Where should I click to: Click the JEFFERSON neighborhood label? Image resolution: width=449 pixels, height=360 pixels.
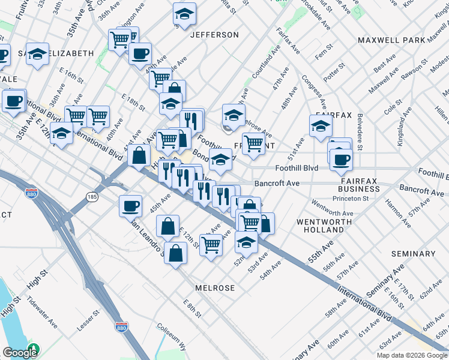[214, 35]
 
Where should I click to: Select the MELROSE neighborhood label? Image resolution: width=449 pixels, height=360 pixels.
[214, 288]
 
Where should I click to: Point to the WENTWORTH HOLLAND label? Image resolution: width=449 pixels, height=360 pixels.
[324, 226]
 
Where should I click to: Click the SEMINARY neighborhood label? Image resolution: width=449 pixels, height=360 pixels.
[413, 254]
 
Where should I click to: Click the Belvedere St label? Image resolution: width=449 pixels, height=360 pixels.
[360, 131]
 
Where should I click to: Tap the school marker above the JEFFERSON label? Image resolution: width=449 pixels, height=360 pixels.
[185, 13]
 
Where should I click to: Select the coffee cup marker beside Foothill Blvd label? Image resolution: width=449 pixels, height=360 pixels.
[341, 159]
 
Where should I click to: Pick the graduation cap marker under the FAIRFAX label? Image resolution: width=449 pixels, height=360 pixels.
[321, 126]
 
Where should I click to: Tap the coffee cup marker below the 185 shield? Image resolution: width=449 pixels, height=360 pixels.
[130, 206]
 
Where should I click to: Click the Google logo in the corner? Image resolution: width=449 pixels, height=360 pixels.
[19, 352]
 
